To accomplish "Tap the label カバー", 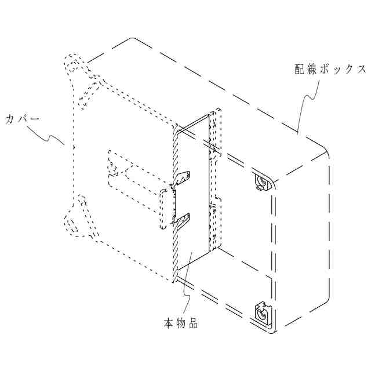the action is click(22, 119).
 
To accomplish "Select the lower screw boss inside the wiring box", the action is click(261, 314).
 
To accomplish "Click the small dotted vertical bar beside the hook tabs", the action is click(163, 208).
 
